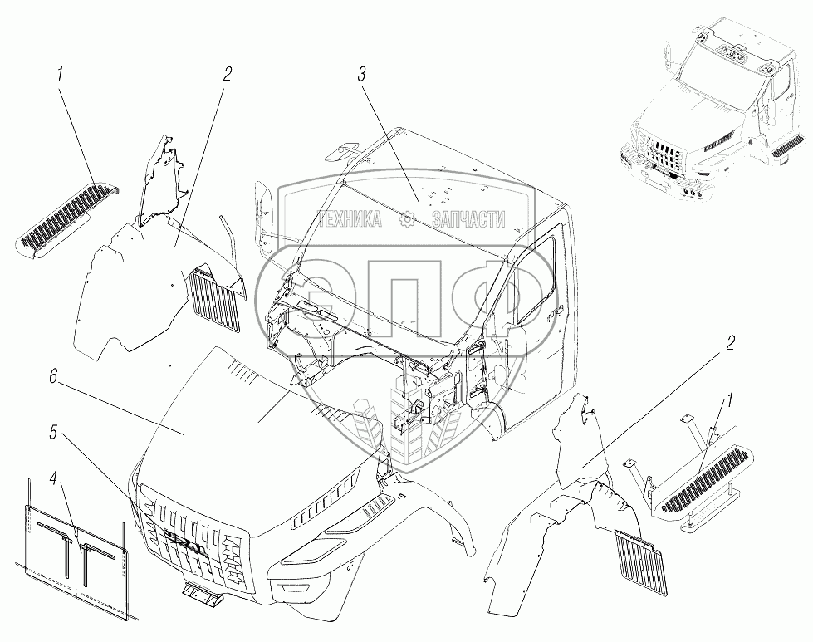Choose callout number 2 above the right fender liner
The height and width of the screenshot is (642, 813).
[x=732, y=343]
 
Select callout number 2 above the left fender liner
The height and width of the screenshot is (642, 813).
[x=228, y=73]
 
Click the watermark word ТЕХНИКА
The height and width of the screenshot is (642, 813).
[x=350, y=219]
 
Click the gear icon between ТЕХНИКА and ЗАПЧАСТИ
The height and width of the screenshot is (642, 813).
[x=408, y=219]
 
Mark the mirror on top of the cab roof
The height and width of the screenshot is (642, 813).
[x=341, y=150]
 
